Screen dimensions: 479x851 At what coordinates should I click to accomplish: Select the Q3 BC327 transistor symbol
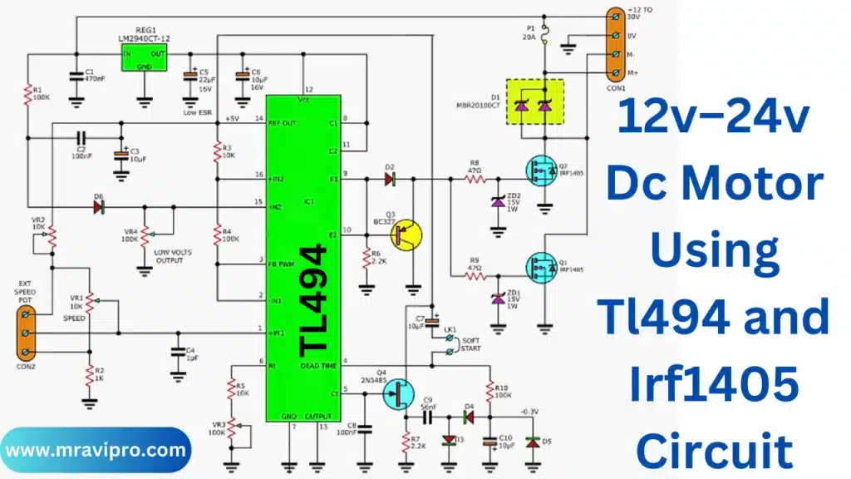(406, 235)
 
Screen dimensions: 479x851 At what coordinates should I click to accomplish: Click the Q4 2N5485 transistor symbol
(398, 393)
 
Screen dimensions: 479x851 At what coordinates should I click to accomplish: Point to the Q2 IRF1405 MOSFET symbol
(541, 170)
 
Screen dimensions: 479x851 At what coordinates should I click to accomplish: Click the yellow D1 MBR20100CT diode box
(535, 101)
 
